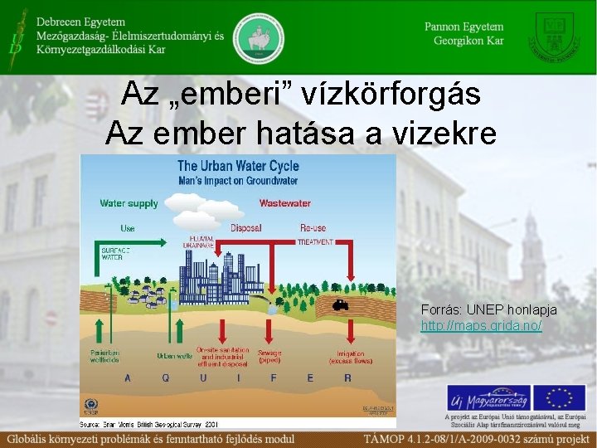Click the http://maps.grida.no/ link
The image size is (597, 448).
tap(481, 326)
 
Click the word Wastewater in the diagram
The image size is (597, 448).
tap(284, 203)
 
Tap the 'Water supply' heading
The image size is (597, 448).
tap(129, 203)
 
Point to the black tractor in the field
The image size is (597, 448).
tap(340, 304)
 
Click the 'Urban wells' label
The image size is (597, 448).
tap(175, 355)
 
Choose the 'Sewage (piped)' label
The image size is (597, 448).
tap(270, 357)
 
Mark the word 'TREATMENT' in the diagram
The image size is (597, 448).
tap(315, 242)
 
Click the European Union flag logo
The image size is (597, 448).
tap(559, 398)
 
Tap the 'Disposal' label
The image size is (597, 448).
tap(246, 226)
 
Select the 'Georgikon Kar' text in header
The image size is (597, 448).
tap(468, 41)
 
